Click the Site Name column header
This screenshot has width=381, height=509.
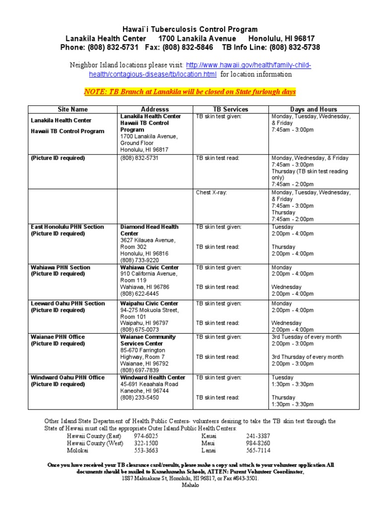click(72, 109)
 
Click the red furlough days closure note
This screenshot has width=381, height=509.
click(190, 92)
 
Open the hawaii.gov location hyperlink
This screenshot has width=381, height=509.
click(200, 70)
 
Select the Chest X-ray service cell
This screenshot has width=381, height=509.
click(211, 192)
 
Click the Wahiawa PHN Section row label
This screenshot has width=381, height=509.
click(61, 267)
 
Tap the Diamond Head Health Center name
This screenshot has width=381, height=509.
click(149, 230)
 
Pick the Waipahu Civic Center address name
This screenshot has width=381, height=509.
click(149, 304)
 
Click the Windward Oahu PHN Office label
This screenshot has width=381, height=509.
click(67, 378)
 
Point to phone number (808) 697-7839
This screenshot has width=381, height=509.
click(139, 370)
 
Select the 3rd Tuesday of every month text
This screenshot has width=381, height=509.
click(306, 337)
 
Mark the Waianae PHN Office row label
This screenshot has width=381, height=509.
click(58, 337)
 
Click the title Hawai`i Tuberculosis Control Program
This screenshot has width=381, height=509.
click(190, 29)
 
